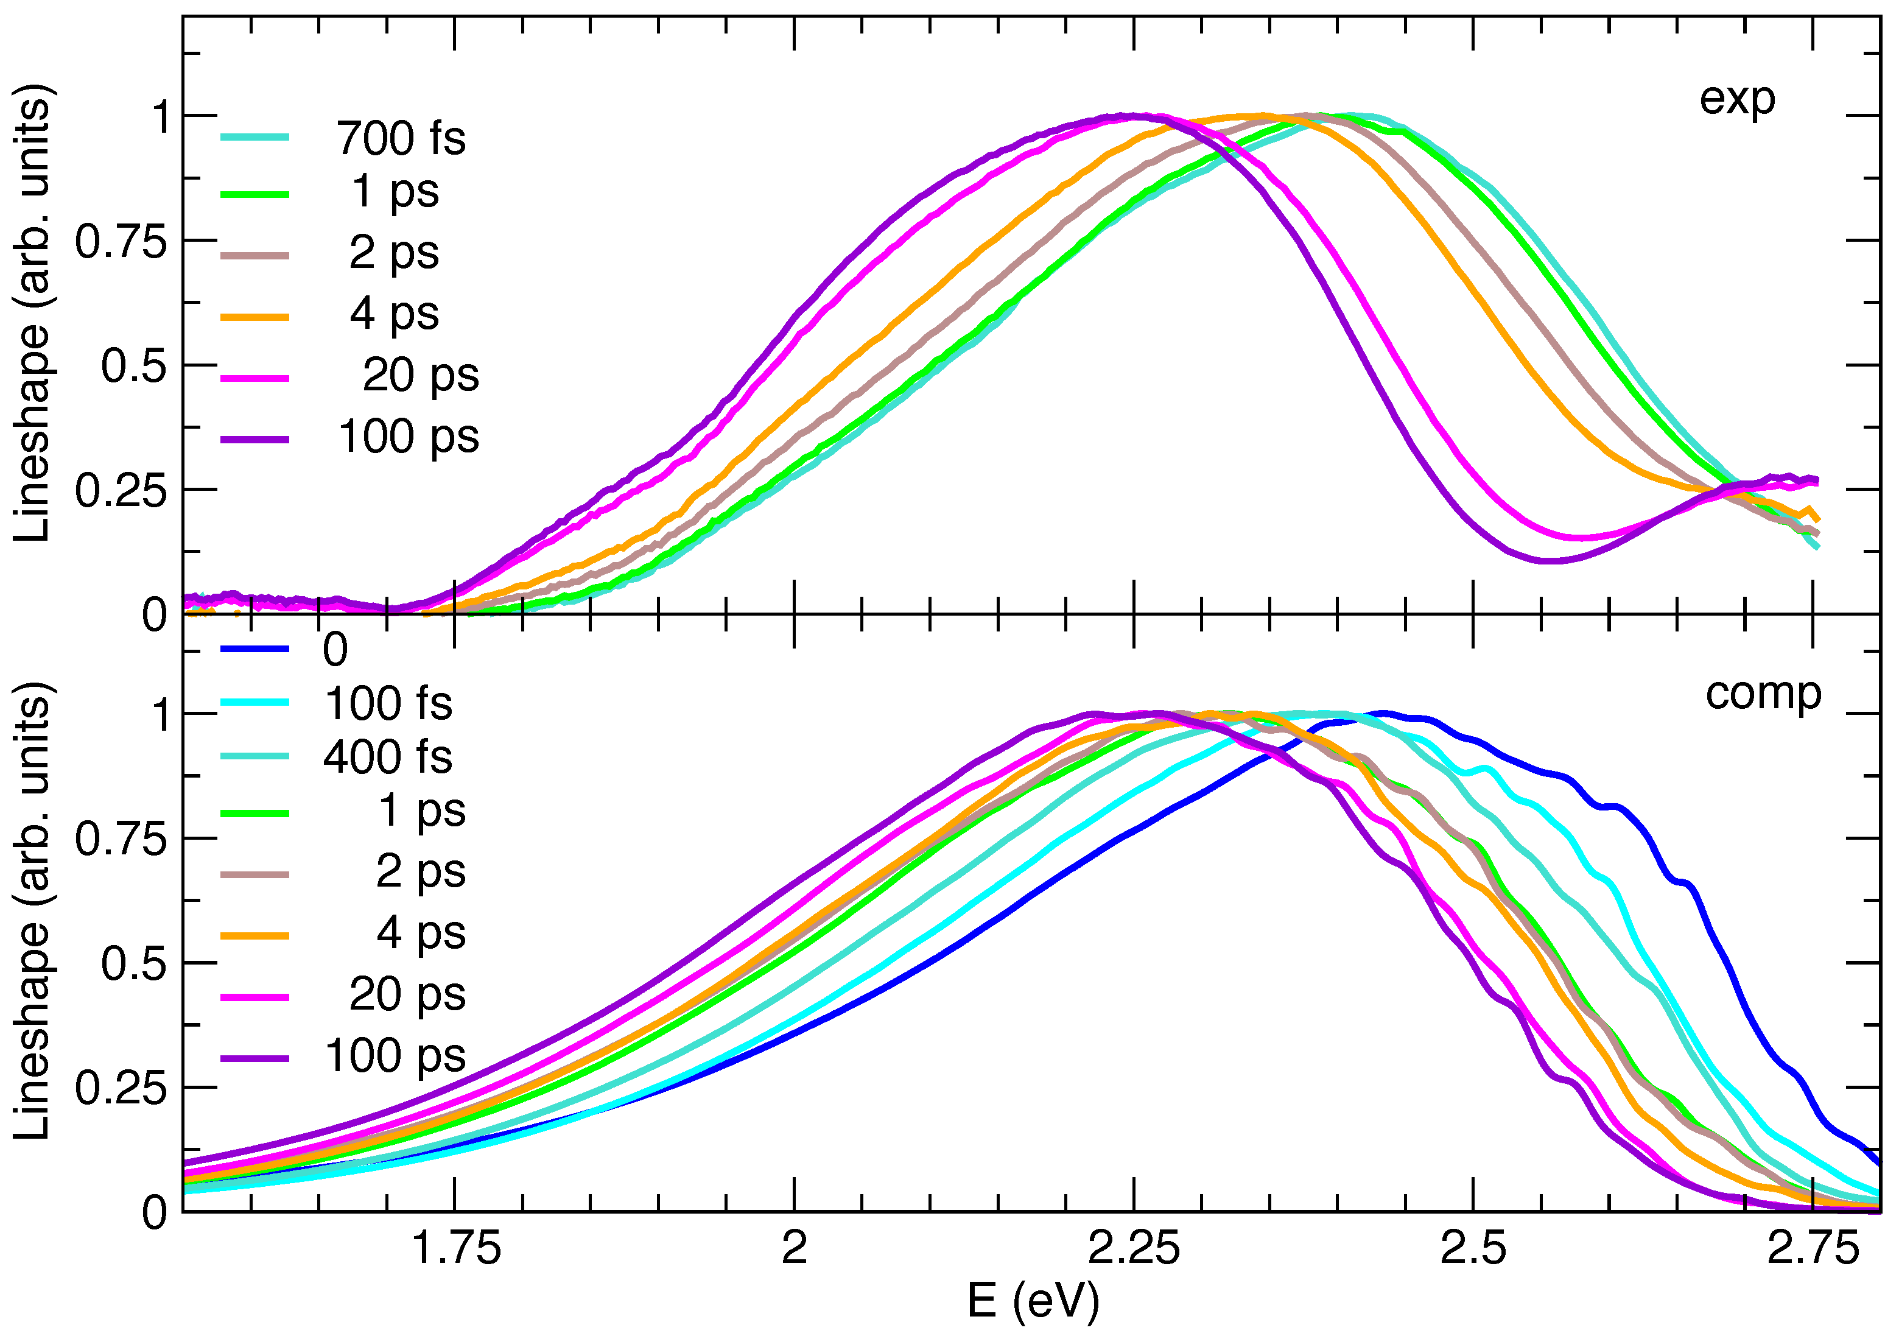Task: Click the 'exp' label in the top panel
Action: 1737,100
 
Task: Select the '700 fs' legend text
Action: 400,138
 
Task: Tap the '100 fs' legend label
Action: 388,704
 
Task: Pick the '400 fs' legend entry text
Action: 388,757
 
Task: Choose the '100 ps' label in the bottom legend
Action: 395,1056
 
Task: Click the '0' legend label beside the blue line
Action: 335,650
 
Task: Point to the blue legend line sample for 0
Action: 254,649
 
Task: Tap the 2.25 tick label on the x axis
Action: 1133,1248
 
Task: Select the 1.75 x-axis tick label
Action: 456,1248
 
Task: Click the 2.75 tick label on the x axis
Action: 1813,1248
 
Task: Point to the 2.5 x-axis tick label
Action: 1473,1248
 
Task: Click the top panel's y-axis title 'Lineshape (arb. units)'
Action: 33,314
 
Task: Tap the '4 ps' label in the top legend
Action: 394,314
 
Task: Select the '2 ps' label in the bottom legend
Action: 420,872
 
